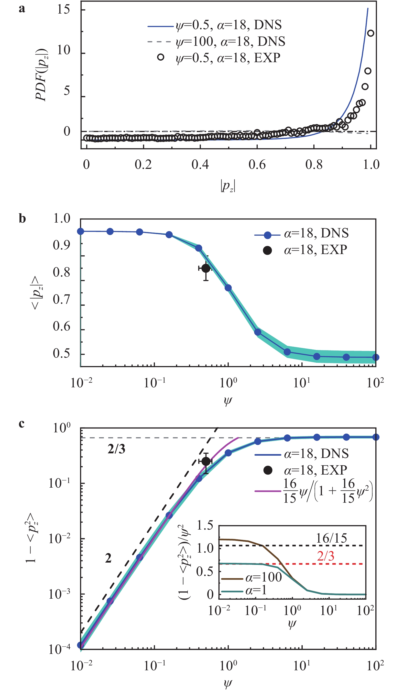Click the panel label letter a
(x=22, y=9)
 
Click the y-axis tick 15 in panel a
(x=63, y=10)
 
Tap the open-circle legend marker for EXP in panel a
(x=161, y=57)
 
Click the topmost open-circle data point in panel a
(x=370, y=33)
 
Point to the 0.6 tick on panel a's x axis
(x=257, y=164)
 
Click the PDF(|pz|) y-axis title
(x=42, y=75)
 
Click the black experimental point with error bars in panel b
(x=206, y=268)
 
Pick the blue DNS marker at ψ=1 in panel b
(x=228, y=288)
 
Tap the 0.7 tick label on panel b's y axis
(x=61, y=299)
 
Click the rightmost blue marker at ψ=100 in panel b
(x=376, y=357)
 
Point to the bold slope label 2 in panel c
(x=108, y=558)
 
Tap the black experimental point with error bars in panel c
(x=206, y=462)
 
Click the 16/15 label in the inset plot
(x=331, y=538)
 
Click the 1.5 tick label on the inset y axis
(x=205, y=525)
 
